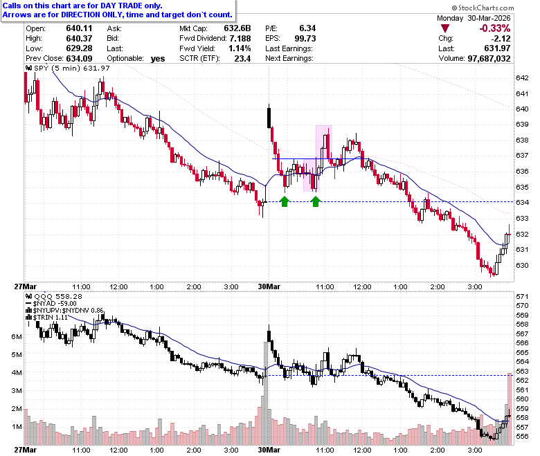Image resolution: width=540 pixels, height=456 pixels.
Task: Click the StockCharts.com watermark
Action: (483, 8)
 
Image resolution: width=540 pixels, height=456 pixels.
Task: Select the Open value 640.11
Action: (79, 28)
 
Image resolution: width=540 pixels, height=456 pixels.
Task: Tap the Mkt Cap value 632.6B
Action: (237, 28)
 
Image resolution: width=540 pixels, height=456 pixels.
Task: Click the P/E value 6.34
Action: (307, 28)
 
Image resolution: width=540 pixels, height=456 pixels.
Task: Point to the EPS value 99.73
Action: (305, 38)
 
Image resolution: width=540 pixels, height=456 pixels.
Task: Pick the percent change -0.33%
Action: (495, 28)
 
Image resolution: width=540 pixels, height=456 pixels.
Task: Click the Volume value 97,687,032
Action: (489, 59)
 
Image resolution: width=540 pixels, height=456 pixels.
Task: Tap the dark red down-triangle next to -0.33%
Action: (445, 28)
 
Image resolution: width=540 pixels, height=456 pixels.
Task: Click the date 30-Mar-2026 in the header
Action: (489, 18)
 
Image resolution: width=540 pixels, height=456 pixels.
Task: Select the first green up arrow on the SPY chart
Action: (284, 201)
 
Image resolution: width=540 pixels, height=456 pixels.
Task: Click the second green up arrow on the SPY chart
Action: (316, 201)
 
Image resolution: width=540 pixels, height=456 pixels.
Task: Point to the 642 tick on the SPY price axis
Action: (522, 77)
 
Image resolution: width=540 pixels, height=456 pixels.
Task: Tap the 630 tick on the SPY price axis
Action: (522, 265)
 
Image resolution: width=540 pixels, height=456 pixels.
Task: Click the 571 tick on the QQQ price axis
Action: (522, 296)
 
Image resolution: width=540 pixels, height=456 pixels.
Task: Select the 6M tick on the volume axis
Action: (17, 336)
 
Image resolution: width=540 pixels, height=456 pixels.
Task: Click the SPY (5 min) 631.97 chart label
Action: (68, 68)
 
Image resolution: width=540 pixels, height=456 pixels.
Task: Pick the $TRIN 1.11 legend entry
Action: (47, 317)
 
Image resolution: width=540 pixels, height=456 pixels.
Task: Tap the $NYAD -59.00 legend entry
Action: (51, 304)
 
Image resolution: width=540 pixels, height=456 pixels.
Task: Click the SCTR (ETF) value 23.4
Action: (242, 59)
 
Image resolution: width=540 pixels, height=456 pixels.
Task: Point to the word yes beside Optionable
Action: (158, 59)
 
